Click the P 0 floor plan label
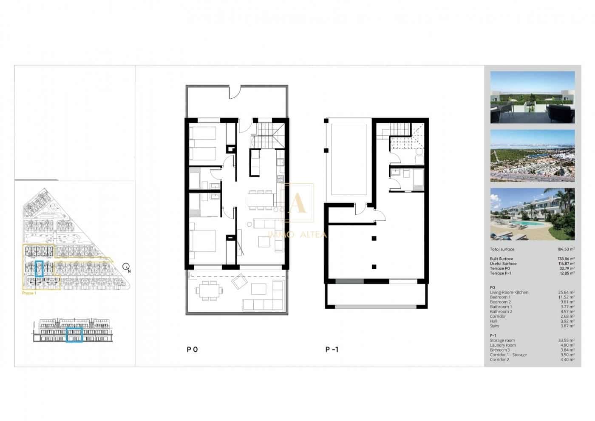(x=192, y=350)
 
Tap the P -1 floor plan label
(x=331, y=350)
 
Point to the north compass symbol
(x=126, y=267)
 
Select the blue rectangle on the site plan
(x=40, y=269)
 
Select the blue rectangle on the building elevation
(x=74, y=335)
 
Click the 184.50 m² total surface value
(x=566, y=249)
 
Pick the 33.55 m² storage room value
(x=566, y=340)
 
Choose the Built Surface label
(x=501, y=259)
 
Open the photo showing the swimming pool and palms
(x=532, y=214)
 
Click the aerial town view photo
(x=532, y=156)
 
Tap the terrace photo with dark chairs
(x=532, y=97)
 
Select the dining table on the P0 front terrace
(x=208, y=292)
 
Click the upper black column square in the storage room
(x=374, y=238)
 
